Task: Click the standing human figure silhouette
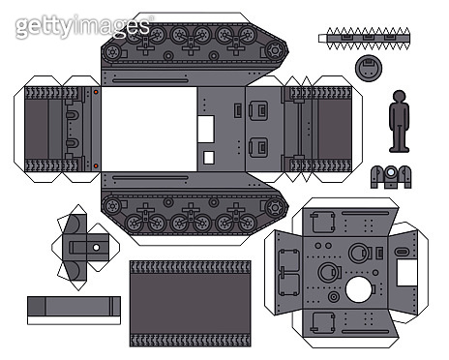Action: [x=399, y=123]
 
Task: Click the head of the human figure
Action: [x=399, y=96]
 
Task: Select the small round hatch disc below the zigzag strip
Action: [x=368, y=68]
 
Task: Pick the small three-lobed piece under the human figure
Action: [x=391, y=176]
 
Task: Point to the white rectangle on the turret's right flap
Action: [x=406, y=271]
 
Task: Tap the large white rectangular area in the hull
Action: [x=148, y=129]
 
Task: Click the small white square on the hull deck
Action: [x=208, y=157]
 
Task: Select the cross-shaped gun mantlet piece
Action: [x=92, y=248]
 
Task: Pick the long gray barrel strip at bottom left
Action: [x=74, y=309]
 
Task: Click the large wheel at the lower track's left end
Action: [x=116, y=206]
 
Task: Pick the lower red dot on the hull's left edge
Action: [x=96, y=165]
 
